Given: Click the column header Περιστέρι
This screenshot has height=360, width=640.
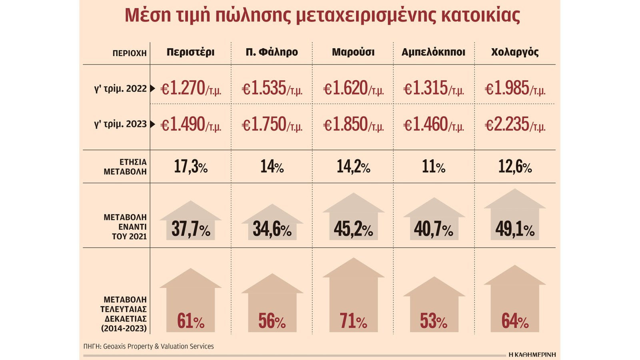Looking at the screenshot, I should point(190,52).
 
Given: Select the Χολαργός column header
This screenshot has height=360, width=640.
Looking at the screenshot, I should point(515,52).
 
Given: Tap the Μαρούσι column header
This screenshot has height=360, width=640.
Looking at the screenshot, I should point(353,52).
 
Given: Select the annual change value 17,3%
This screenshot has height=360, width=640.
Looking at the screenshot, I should point(190,167).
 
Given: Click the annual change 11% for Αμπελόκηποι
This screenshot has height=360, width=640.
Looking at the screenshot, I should point(434,167).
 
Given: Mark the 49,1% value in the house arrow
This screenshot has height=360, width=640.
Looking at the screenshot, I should point(515,229).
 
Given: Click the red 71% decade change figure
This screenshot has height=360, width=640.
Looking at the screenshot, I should point(353,321).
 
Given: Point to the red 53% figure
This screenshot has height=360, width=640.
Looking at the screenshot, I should point(434,321).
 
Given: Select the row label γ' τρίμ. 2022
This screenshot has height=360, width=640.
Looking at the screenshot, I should point(120,89).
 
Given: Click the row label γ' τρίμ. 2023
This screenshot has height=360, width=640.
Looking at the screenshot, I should point(120,124).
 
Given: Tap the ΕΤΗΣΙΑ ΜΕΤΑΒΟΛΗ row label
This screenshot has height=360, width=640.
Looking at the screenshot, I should point(125,167).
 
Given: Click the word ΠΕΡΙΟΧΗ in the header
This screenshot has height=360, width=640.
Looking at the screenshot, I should point(129,53).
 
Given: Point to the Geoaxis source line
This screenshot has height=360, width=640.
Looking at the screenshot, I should point(148,346).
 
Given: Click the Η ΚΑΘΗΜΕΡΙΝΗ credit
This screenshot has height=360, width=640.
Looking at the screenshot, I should point(532,355).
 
